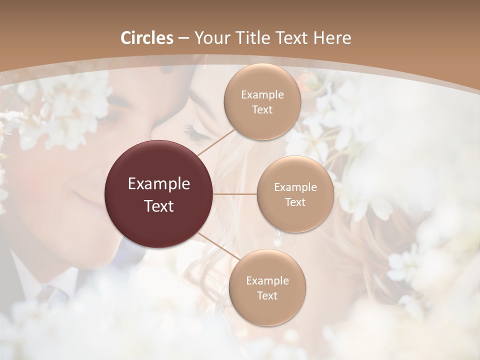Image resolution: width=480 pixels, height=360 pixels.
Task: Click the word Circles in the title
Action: (147, 38)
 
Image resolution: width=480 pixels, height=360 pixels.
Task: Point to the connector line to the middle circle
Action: (235, 194)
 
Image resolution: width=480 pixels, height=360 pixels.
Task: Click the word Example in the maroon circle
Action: (159, 184)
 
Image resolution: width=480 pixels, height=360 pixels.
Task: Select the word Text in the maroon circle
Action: (159, 206)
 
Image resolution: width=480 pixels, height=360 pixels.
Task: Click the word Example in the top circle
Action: (262, 95)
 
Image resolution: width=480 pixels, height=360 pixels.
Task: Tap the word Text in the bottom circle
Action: (267, 295)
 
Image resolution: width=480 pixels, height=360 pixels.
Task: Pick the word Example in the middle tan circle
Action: (295, 187)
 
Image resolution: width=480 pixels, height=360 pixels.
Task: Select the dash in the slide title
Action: (183, 38)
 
